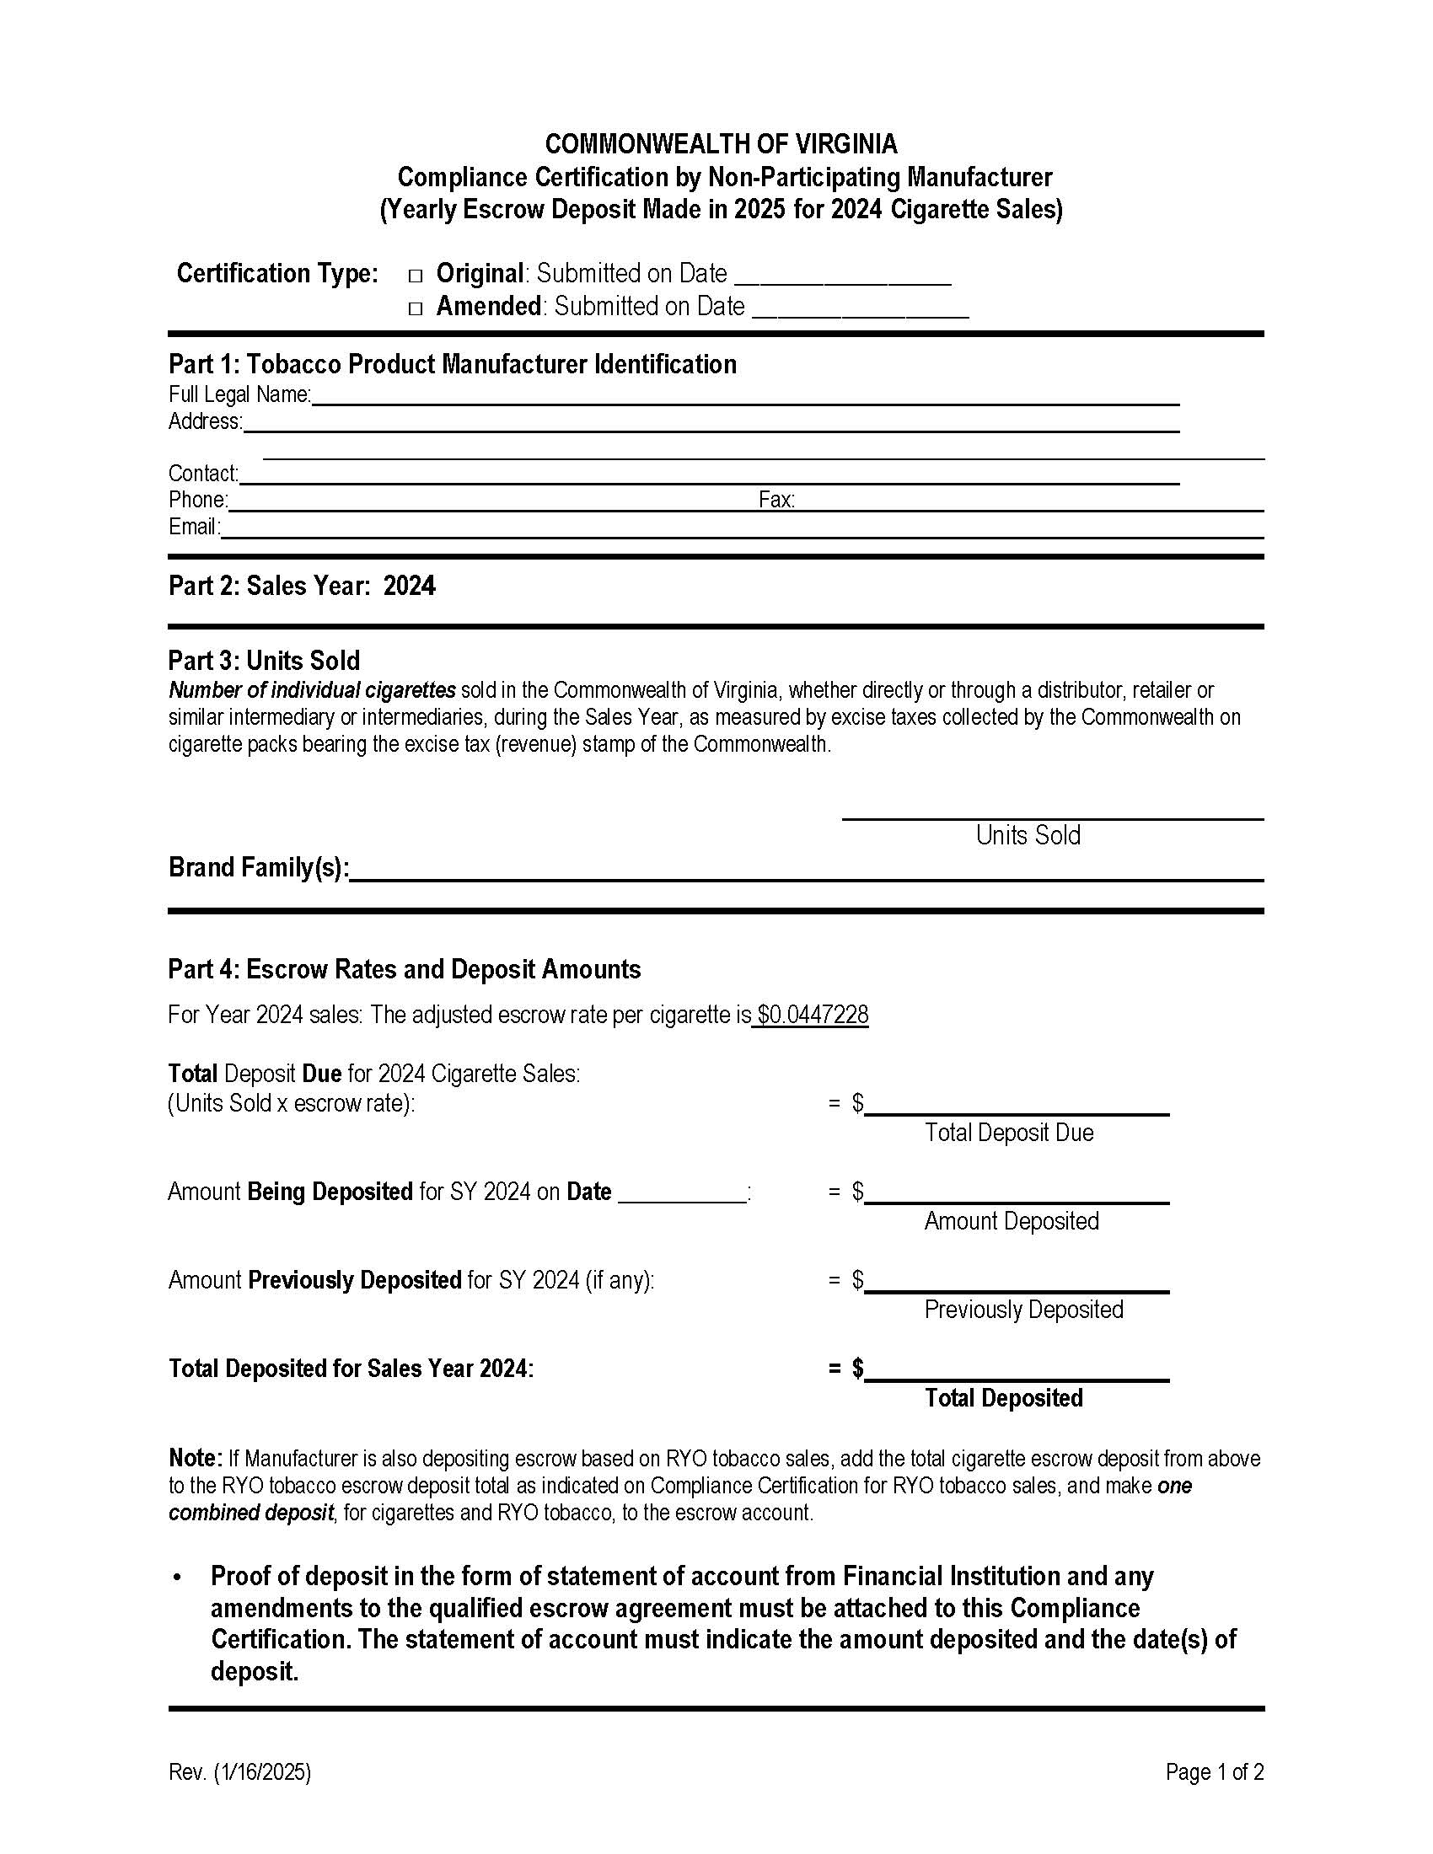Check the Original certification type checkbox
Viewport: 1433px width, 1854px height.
point(415,276)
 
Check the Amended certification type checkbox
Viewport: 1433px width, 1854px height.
point(415,308)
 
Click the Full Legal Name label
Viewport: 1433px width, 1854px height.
point(239,394)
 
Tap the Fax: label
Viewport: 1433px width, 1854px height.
point(776,500)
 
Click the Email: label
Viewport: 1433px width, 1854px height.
point(195,528)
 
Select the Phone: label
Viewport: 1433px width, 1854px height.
point(198,500)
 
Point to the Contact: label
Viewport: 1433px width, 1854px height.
point(203,474)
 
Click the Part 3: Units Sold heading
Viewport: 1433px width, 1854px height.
point(264,661)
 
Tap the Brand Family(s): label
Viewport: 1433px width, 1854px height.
point(259,867)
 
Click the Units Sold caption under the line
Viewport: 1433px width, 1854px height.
point(1028,835)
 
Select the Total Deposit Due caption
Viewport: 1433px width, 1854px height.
point(1008,1133)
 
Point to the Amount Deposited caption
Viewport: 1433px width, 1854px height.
point(1011,1221)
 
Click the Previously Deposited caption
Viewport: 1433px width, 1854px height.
point(1023,1309)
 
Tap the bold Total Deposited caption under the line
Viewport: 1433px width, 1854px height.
point(1003,1397)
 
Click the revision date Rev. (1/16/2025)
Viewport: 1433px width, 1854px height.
point(239,1771)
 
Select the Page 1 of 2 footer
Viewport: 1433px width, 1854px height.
point(1214,1771)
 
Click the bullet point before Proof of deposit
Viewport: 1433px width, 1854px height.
point(176,1578)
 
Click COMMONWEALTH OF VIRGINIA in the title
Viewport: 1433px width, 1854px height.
point(721,144)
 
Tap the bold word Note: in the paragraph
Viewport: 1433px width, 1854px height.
point(196,1459)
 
